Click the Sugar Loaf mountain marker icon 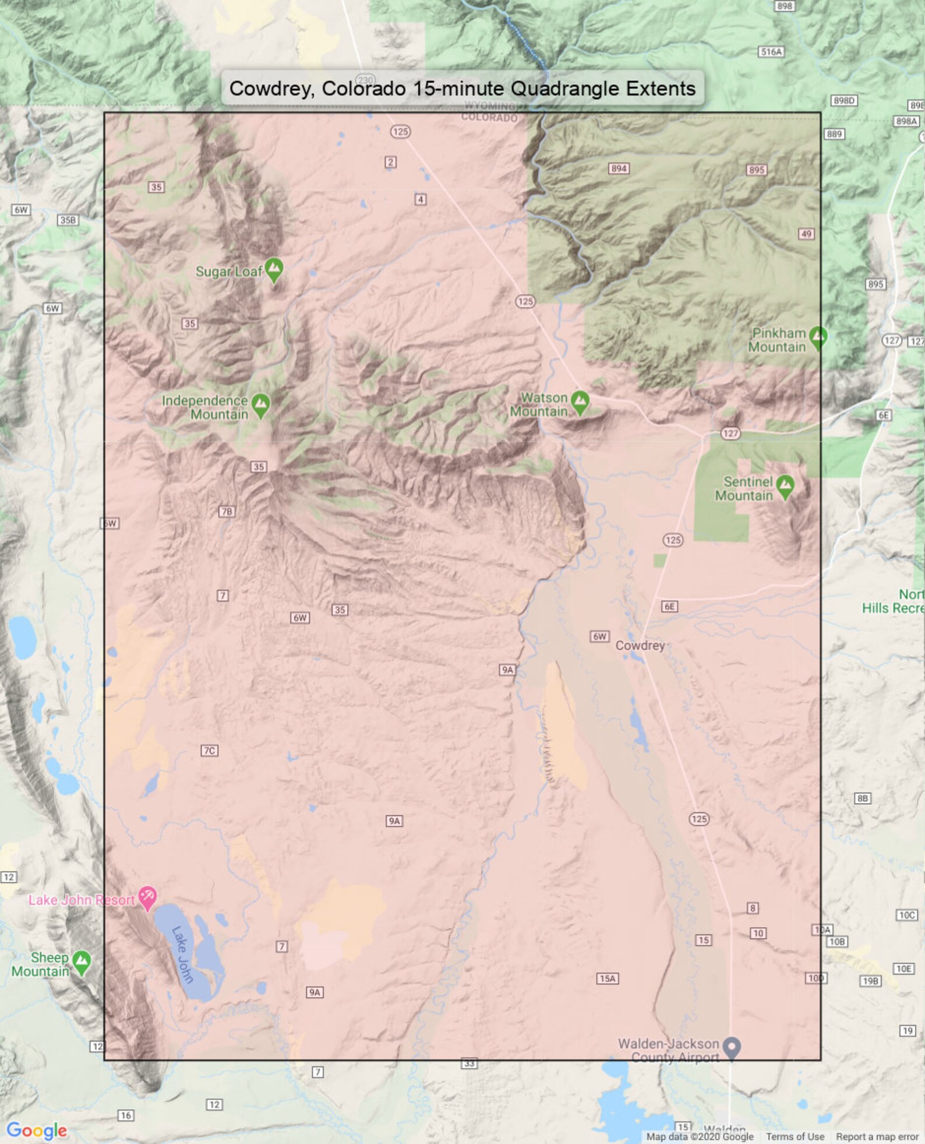click(274, 269)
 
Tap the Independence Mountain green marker click(260, 404)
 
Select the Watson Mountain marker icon click(580, 402)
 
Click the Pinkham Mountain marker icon click(818, 337)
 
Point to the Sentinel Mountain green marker click(785, 485)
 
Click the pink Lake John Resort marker click(147, 897)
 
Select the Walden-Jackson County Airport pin click(731, 1047)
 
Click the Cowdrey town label click(640, 645)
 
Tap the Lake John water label click(182, 954)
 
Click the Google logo click(36, 1131)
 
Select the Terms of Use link click(795, 1136)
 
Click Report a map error click(877, 1136)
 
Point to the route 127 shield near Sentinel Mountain click(730, 433)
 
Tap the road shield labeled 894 click(619, 168)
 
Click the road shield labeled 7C click(210, 750)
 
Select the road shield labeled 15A click(607, 978)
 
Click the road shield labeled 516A click(771, 52)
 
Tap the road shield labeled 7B click(227, 512)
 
